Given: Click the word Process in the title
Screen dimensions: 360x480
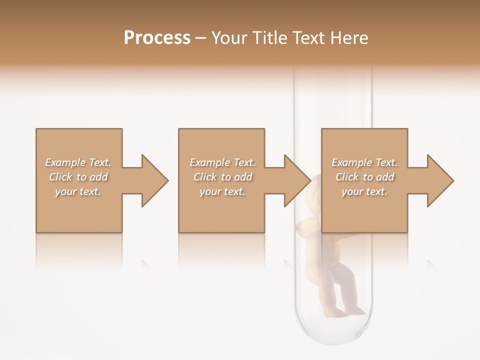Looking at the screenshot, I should click(x=157, y=38).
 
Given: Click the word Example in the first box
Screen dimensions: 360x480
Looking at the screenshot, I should click(x=65, y=162).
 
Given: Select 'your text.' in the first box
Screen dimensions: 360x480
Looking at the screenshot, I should click(x=78, y=191).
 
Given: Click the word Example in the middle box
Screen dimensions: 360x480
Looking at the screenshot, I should click(x=209, y=162).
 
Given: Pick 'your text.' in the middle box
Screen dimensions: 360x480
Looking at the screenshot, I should click(x=222, y=191).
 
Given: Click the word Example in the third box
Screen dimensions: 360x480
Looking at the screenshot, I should click(x=351, y=162).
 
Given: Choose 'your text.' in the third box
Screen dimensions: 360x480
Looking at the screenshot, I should click(x=364, y=191).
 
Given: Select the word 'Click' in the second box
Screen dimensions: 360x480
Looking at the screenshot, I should click(x=204, y=177).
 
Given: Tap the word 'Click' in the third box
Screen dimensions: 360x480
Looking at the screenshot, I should click(x=347, y=177).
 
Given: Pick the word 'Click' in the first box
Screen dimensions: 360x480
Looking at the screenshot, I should click(x=60, y=177).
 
